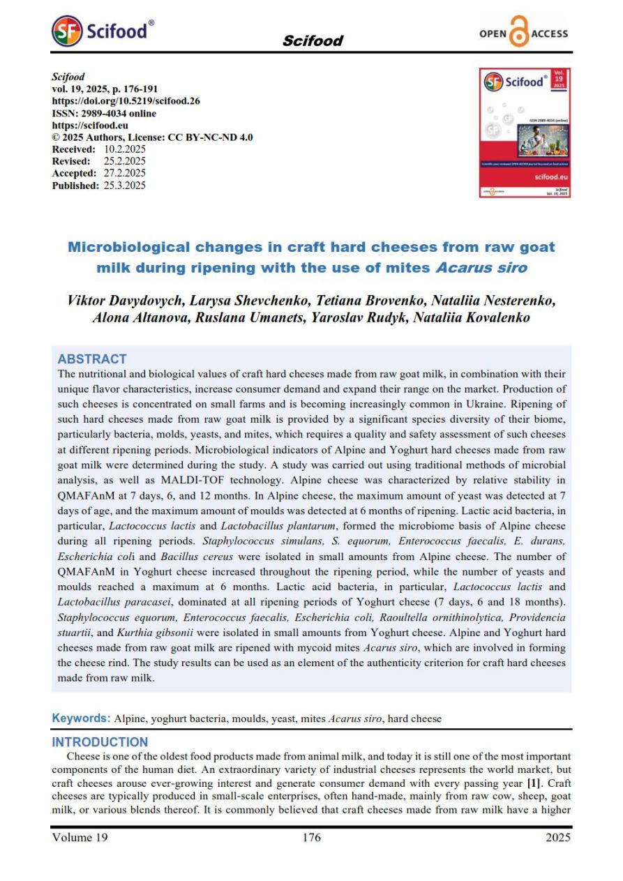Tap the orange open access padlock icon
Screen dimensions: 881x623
coord(519,33)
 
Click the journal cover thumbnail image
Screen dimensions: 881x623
coord(525,133)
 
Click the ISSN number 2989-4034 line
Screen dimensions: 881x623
coord(104,113)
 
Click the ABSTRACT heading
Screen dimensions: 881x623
coord(91,359)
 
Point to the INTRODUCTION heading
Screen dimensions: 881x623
coord(100,742)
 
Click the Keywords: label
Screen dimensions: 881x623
coord(82,718)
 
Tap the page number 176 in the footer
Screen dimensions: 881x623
coord(311,838)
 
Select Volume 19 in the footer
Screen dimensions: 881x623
coord(80,838)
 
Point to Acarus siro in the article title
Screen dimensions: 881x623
coord(488,267)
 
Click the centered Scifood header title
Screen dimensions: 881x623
coord(312,40)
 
